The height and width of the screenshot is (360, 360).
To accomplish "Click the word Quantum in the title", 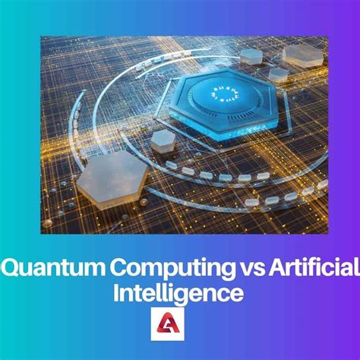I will click(41, 267).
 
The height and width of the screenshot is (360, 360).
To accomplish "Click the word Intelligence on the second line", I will click(180, 292).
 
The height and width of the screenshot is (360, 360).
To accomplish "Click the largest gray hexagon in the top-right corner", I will click(302, 54).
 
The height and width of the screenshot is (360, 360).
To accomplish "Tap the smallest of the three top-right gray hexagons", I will click(279, 74).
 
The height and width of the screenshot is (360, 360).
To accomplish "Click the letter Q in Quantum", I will click(11, 267).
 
